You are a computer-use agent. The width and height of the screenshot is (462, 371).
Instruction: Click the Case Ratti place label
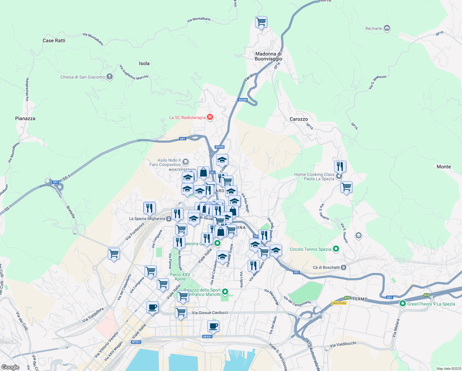54,41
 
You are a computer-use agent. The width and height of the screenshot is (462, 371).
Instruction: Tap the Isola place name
144,63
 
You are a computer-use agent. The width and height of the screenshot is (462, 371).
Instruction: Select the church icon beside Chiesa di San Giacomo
110,77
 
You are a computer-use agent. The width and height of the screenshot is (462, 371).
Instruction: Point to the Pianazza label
25,118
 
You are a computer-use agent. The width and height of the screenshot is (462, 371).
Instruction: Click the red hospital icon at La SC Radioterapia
210,117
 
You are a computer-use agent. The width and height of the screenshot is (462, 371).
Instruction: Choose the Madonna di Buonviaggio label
268,56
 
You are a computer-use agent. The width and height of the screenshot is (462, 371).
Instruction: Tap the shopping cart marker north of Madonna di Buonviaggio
261,22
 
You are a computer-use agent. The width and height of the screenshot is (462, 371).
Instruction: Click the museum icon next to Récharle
387,28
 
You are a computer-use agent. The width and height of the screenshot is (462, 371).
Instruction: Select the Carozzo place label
299,119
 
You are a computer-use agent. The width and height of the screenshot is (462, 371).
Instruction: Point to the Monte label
443,167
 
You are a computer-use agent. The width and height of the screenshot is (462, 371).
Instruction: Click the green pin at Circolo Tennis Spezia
336,249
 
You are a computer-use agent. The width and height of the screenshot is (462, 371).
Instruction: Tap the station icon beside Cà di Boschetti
343,267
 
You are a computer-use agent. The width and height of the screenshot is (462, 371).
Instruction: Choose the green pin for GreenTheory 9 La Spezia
402,304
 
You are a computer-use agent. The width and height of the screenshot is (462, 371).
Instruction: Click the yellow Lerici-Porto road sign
339,303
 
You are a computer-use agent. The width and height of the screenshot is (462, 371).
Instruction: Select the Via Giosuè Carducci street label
210,313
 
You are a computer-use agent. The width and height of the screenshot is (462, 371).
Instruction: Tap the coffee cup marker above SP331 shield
213,326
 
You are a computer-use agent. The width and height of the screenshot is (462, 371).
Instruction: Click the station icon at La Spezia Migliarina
169,219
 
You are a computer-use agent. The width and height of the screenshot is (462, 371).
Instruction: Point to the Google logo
10,367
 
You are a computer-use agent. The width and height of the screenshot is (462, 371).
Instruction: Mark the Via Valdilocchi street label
343,344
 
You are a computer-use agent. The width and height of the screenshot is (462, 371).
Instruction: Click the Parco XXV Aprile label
180,277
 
